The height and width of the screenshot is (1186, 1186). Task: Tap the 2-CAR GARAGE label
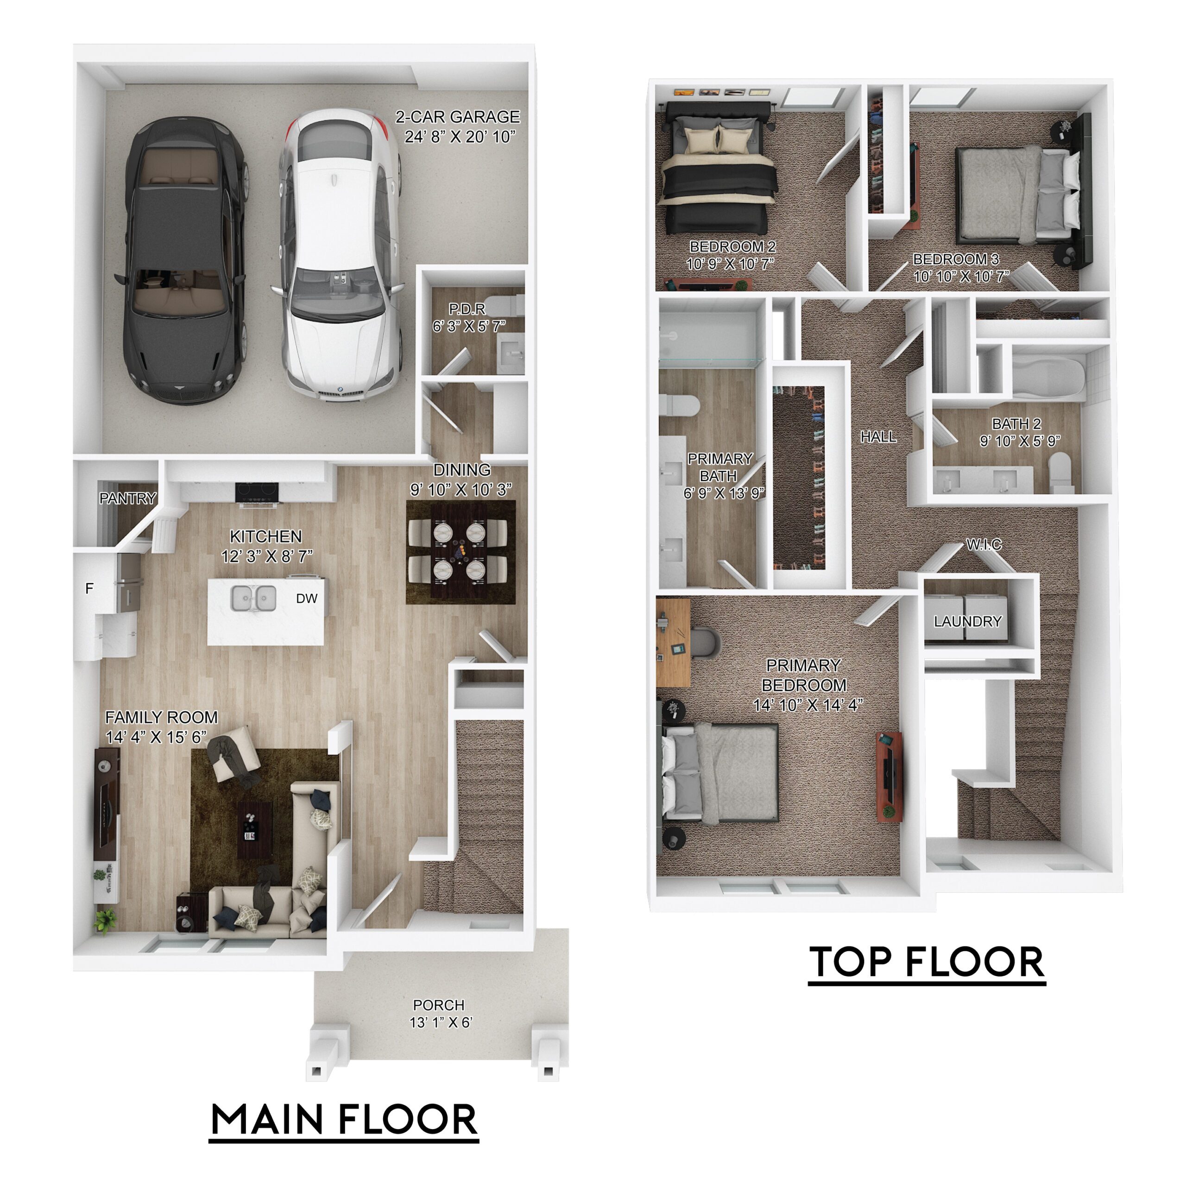pyautogui.click(x=457, y=117)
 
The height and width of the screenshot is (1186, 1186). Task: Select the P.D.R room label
pyautogui.click(x=467, y=309)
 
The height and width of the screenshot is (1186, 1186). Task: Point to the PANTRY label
pyautogui.click(x=128, y=498)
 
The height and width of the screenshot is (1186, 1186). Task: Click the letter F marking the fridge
pyautogui.click(x=89, y=589)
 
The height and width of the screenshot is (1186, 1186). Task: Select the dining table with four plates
pyautogui.click(x=459, y=551)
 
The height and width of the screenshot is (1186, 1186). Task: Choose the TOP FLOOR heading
pyautogui.click(x=927, y=962)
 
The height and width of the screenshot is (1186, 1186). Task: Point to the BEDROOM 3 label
pyautogui.click(x=955, y=259)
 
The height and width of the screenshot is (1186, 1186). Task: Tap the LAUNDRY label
pyautogui.click(x=967, y=622)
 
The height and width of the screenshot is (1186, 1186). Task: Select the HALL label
pyautogui.click(x=878, y=436)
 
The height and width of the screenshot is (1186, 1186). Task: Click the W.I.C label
pyautogui.click(x=984, y=544)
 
